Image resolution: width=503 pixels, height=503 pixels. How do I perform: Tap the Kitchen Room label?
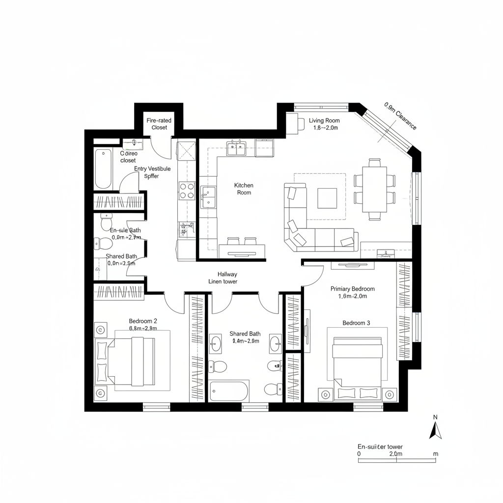tap(244, 189)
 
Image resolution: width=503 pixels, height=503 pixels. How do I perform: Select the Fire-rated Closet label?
tap(159, 124)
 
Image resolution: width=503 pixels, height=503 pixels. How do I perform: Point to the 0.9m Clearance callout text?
tap(400, 116)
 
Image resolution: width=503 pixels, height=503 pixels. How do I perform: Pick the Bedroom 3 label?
tap(357, 323)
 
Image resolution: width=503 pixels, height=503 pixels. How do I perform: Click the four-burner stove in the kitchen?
tap(187, 190)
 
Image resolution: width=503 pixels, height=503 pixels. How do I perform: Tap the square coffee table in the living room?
tap(327, 198)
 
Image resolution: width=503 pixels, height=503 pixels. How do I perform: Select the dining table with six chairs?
tap(375, 189)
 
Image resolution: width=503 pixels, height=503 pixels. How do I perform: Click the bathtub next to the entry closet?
tap(103, 169)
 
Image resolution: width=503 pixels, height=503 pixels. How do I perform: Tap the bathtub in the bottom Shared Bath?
tap(228, 391)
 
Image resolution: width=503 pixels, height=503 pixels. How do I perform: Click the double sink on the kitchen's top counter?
tap(236, 148)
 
